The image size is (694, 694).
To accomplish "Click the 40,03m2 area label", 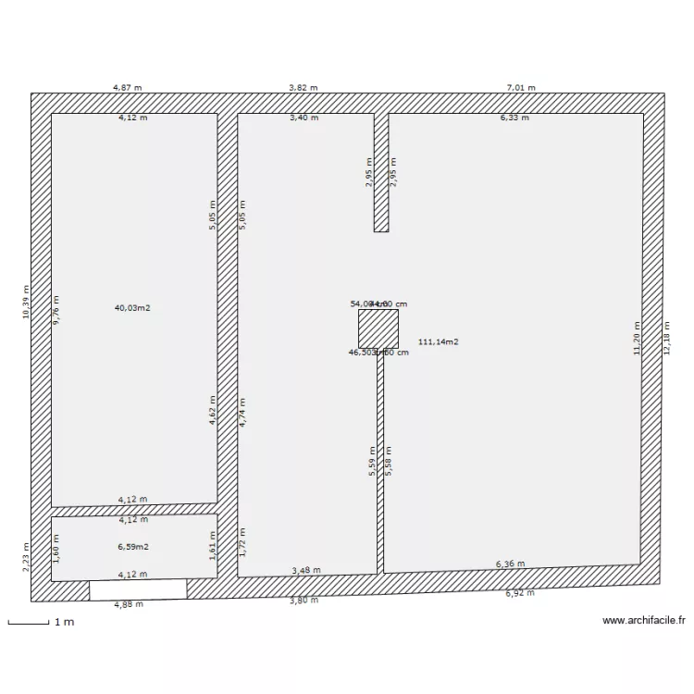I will pyautogui.click(x=132, y=307).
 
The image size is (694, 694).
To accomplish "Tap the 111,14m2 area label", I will pyautogui.click(x=439, y=341).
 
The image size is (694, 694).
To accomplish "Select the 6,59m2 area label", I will pyautogui.click(x=133, y=547).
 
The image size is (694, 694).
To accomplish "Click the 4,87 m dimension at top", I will pyautogui.click(x=128, y=87).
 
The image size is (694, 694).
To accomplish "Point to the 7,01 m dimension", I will pyautogui.click(x=521, y=87).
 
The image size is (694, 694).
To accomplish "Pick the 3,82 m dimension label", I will pyautogui.click(x=303, y=87).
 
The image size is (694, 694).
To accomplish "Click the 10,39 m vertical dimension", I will pyautogui.click(x=26, y=303).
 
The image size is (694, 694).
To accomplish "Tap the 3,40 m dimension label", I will pyautogui.click(x=304, y=118).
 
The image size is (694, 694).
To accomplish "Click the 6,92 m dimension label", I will pyautogui.click(x=520, y=592).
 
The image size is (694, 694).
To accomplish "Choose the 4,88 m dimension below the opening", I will pyautogui.click(x=129, y=605).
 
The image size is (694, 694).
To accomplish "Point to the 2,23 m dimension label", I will pyautogui.click(x=26, y=558).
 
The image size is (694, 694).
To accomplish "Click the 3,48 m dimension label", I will pyautogui.click(x=306, y=570).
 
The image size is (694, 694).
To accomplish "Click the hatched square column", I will pyautogui.click(x=378, y=328).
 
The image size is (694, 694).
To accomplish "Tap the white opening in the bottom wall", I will pyautogui.click(x=138, y=589).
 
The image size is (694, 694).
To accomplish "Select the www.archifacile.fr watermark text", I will pyautogui.click(x=645, y=622).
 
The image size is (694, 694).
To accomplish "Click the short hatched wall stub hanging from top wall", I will pyautogui.click(x=380, y=172).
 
